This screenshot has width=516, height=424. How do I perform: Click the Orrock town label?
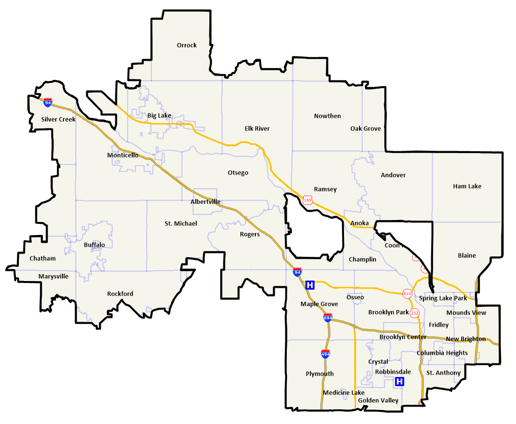[187, 45]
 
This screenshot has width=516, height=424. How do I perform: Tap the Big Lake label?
[159, 115]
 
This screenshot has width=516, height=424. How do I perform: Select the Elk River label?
[257, 128]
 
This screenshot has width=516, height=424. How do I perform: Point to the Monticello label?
[123, 156]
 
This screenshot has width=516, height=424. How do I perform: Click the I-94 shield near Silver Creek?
[47, 103]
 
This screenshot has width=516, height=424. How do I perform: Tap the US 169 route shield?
[307, 200]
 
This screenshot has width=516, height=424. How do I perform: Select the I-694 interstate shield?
[328, 318]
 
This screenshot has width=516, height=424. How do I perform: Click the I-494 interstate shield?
[326, 354]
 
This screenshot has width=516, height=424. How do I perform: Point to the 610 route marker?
[407, 294]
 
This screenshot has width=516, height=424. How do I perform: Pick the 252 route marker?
[415, 313]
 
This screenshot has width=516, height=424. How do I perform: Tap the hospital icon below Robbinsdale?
[400, 382]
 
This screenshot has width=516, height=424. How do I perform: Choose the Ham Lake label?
[467, 186]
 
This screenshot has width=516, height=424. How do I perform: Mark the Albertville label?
[205, 202]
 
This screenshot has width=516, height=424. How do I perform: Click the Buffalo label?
[94, 245]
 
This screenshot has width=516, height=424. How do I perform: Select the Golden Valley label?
[378, 400]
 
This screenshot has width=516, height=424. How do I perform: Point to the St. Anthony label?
[443, 373]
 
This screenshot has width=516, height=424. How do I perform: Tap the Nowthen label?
[327, 116]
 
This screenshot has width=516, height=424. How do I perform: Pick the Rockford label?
[120, 294]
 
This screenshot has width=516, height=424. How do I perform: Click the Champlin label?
[362, 259]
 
